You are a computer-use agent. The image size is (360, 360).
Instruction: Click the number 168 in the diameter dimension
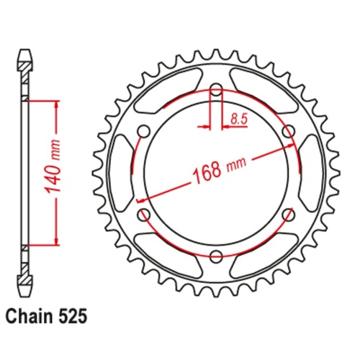coord(207,174)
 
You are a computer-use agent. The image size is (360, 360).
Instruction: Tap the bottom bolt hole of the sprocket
coord(216,253)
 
